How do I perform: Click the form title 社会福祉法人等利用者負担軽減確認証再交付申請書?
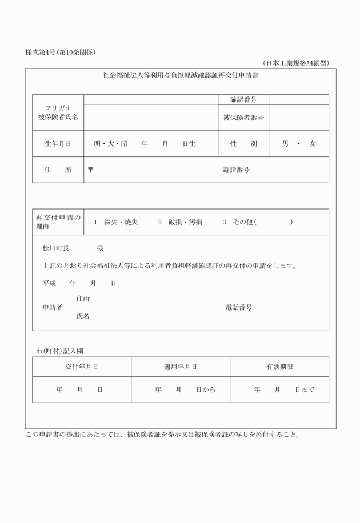coord(181,75)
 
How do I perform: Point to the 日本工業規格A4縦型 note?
coord(295,63)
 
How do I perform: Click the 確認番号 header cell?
coord(243,99)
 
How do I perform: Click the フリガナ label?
coord(58,107)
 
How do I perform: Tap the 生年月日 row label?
coord(58,144)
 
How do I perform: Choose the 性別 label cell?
coord(243,144)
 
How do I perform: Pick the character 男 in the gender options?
coord(285,144)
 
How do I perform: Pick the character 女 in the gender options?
coord(313,144)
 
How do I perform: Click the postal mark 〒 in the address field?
coord(91,170)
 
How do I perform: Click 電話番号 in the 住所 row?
coord(236,170)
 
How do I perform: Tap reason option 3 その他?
coord(240,222)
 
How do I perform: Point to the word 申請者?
coord(53,307)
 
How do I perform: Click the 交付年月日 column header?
coord(82,367)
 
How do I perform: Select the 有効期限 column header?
coord(279,367)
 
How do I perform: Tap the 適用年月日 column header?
coord(181,367)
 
